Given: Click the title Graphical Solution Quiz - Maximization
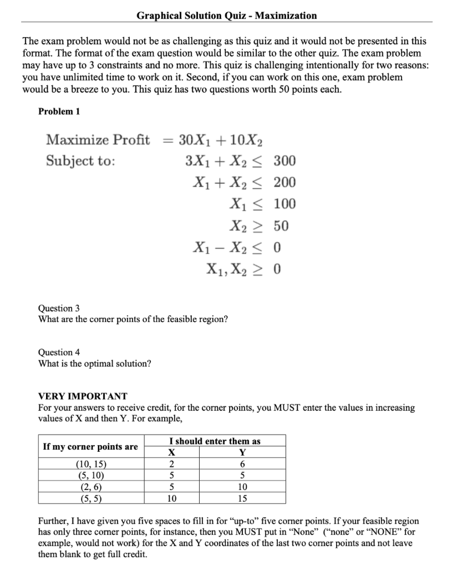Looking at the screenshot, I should [227, 16].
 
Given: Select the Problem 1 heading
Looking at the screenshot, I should [59, 111].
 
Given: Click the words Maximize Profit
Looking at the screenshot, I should [98, 139].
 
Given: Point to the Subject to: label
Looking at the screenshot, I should [81, 161].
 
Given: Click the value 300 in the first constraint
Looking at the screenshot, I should [285, 161].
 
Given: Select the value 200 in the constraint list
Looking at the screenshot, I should [285, 182].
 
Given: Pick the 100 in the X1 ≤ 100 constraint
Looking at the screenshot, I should [285, 204].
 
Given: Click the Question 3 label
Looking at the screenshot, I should [55, 308].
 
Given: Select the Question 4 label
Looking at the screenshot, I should [55, 352].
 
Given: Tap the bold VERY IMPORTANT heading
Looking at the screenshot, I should [82, 396].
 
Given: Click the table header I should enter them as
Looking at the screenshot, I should [215, 441].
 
